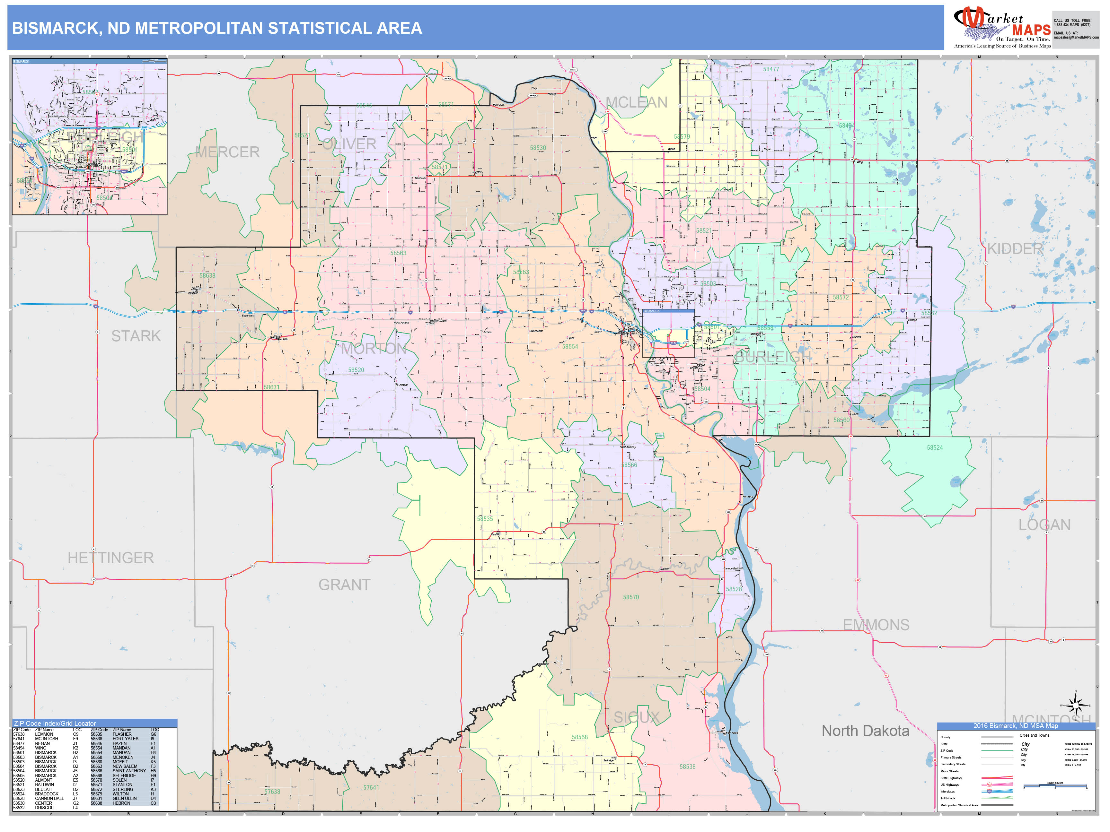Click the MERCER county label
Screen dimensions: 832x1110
pyautogui.click(x=227, y=152)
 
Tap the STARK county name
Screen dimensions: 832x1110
pyautogui.click(x=136, y=336)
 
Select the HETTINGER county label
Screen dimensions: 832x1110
pyautogui.click(x=110, y=558)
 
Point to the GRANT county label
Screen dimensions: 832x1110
pyautogui.click(x=344, y=585)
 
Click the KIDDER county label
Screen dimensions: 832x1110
pyautogui.click(x=1015, y=249)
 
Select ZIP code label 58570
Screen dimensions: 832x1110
pyautogui.click(x=631, y=597)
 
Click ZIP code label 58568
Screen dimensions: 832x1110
pyautogui.click(x=580, y=737)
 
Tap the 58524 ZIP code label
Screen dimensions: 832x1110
pyautogui.click(x=934, y=448)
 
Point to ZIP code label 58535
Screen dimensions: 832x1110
pyautogui.click(x=485, y=519)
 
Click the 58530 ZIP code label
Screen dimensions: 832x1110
pyautogui.click(x=538, y=148)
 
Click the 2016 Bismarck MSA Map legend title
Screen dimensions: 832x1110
pyautogui.click(x=1016, y=726)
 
